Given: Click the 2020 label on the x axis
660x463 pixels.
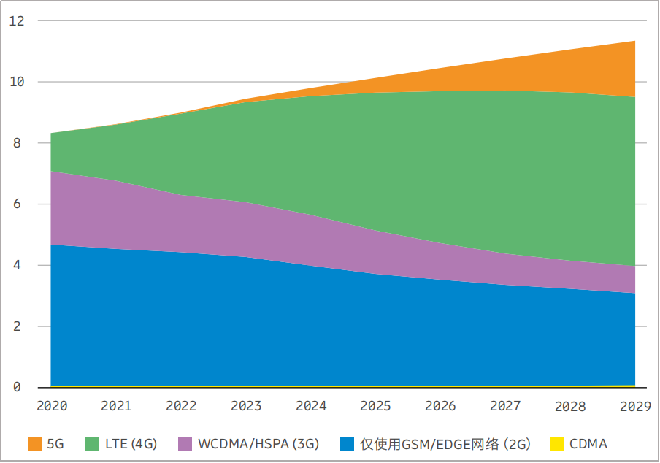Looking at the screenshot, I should tap(52, 406).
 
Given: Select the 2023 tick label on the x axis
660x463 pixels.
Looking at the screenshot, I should tap(247, 406).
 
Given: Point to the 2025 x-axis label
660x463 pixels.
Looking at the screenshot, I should tap(376, 406).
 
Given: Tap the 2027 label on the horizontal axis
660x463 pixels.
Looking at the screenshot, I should tap(506, 406).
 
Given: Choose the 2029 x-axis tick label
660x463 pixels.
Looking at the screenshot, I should tap(634, 406).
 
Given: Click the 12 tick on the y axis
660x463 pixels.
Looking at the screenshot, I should tap(17, 21).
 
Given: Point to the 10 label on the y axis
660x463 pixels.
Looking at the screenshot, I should tap(17, 82).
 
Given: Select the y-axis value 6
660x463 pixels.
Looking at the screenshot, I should tap(17, 204).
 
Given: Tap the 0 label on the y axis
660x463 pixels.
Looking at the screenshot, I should tap(17, 388).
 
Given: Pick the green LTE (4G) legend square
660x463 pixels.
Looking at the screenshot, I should tap(92, 443).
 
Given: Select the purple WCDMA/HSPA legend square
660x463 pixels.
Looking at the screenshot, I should tap(185, 443).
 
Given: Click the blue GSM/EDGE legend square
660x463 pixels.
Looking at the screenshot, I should tap(348, 443).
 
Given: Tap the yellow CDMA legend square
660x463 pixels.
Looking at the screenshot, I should tap(557, 443).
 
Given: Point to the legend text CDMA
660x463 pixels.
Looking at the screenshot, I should tap(588, 443).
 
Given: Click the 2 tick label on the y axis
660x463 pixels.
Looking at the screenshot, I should tap(17, 326).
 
